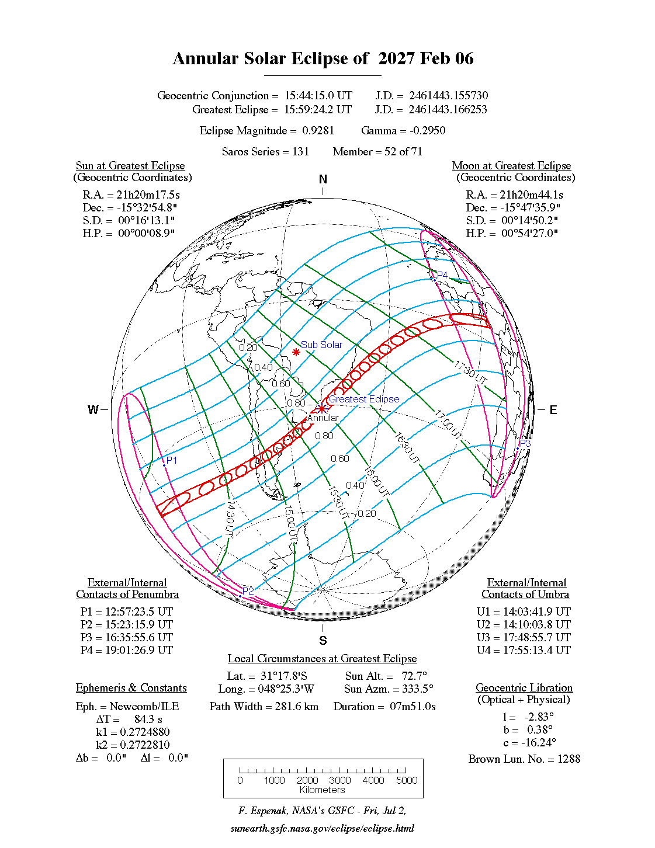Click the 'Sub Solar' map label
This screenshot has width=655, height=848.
click(321, 345)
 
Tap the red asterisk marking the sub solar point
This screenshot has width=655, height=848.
click(296, 352)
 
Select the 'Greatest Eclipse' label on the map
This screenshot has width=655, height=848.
click(364, 399)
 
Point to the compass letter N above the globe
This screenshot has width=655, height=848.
click(323, 179)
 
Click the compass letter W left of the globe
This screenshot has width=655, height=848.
click(93, 410)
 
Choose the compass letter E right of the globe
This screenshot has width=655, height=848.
click(553, 410)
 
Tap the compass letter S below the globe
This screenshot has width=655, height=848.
click(323, 641)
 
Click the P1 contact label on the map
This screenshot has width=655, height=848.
click(172, 460)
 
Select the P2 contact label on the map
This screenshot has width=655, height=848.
click(248, 591)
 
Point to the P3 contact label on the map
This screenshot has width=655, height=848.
click(525, 444)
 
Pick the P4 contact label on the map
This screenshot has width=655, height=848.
click(442, 275)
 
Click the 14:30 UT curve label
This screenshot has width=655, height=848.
click(230, 518)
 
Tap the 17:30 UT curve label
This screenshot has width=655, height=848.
click(471, 373)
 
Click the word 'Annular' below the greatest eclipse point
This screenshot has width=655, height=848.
click(323, 418)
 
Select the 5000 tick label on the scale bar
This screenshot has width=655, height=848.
click(407, 780)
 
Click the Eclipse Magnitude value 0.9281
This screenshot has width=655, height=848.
click(318, 131)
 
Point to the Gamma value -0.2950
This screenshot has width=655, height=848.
click(427, 131)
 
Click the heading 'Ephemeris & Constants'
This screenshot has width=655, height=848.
click(131, 688)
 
